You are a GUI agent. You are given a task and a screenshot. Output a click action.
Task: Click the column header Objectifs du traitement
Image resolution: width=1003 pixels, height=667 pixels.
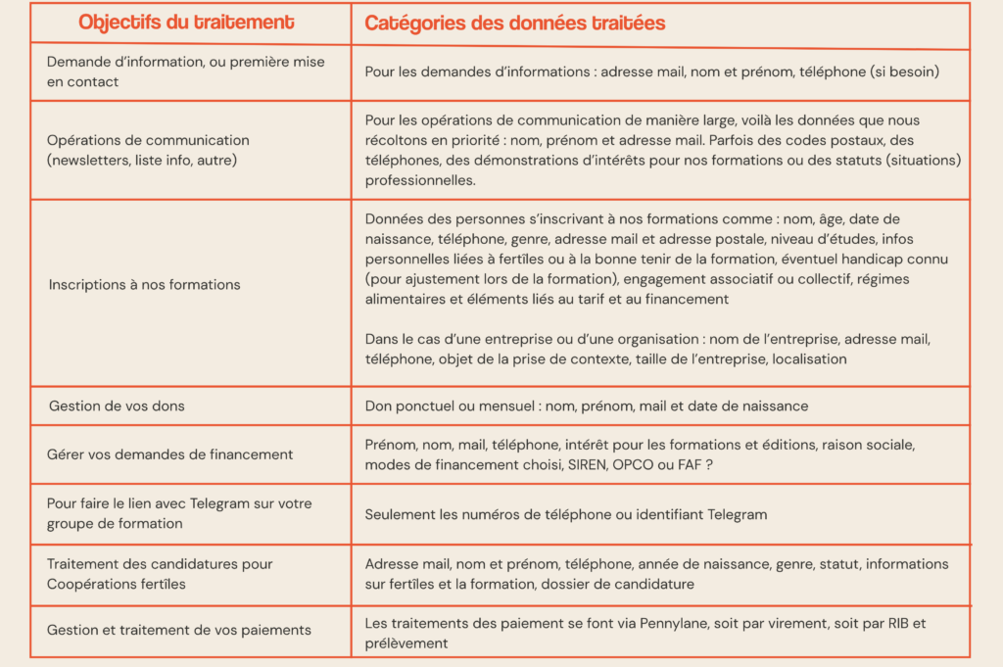pos(185,22)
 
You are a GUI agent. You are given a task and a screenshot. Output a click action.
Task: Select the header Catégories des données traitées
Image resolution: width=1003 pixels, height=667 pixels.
pos(514,23)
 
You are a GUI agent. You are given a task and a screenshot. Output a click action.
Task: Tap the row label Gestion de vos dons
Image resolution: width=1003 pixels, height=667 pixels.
pos(117,405)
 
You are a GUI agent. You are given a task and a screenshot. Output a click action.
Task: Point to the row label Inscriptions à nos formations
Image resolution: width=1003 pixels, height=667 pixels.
pos(144,284)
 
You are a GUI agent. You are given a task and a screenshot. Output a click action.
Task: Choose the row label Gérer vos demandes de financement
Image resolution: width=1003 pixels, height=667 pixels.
pos(169,454)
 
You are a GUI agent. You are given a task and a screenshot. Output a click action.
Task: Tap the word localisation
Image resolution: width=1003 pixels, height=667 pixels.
pos(809,359)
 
